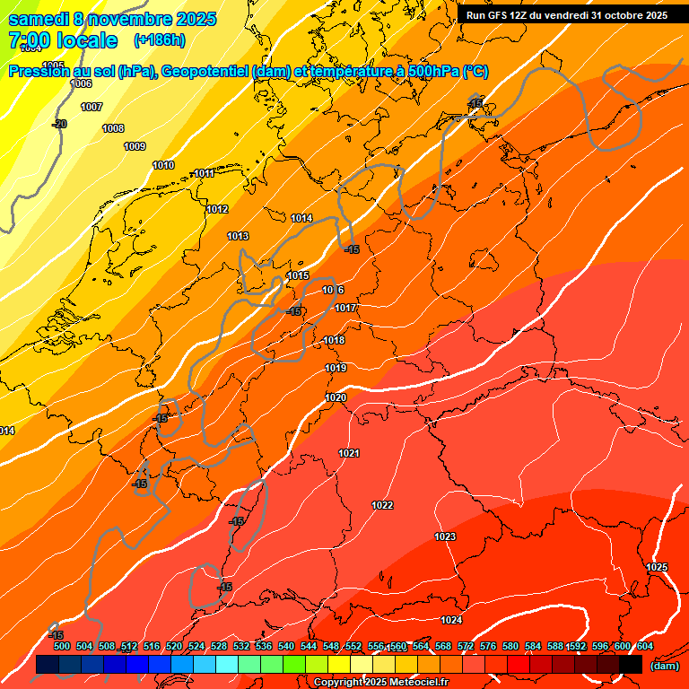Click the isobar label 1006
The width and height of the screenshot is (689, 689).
(81, 83)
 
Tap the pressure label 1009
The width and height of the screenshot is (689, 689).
(135, 146)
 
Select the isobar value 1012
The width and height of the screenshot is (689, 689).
(217, 209)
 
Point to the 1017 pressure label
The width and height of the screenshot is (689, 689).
(346, 308)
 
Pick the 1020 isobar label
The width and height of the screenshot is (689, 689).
(336, 397)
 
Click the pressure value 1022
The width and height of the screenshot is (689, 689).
(382, 505)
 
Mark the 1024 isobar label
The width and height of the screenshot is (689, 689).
(451, 620)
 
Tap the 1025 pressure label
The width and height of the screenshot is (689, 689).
(657, 567)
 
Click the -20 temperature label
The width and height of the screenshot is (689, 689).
(59, 124)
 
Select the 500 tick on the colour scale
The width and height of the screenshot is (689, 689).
(62, 646)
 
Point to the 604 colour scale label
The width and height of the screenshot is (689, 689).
(645, 646)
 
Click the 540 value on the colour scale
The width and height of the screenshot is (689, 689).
(286, 646)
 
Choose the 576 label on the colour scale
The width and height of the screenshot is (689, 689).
(488, 646)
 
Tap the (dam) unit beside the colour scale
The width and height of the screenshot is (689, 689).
(664, 665)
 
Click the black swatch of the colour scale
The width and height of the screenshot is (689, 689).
(630, 665)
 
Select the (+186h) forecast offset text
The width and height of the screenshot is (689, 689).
(159, 40)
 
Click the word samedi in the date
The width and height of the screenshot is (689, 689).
(40, 19)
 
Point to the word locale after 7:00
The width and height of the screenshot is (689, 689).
(86, 40)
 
